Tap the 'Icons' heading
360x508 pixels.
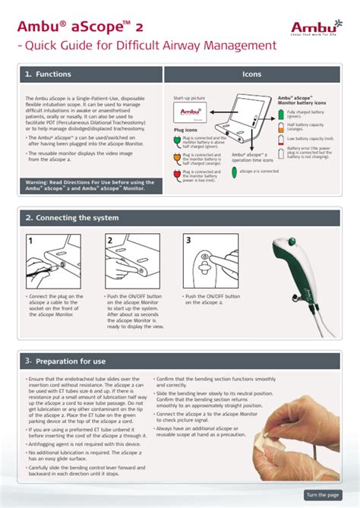(x=251, y=74)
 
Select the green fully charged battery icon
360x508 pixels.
(x=281, y=114)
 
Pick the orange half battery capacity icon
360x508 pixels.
(x=281, y=127)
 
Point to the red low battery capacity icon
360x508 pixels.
(x=281, y=140)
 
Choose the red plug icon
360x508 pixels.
(x=178, y=174)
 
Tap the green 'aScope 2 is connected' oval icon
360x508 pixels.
(x=234, y=172)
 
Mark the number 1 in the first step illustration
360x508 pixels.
(x=31, y=240)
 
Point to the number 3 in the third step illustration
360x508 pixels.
(x=188, y=240)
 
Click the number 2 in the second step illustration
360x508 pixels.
(x=109, y=240)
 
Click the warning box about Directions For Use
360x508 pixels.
(x=90, y=186)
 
